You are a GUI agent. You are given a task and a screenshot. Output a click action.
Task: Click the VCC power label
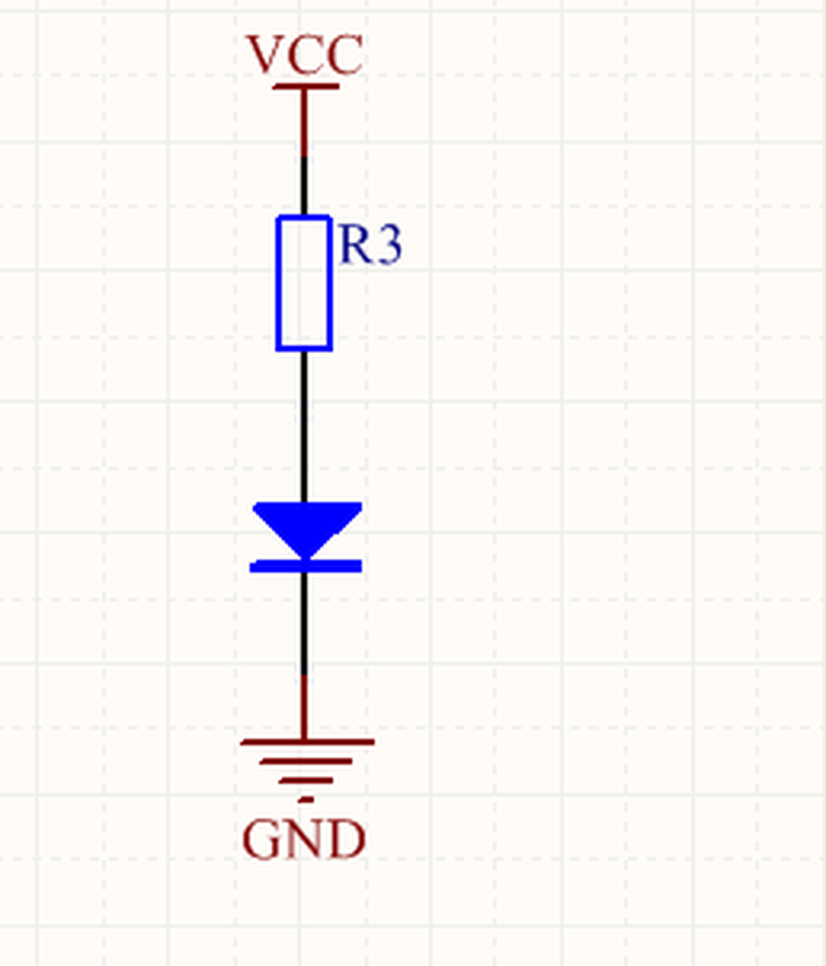pyautogui.click(x=305, y=54)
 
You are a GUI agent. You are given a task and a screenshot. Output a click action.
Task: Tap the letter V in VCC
pyautogui.click(x=264, y=54)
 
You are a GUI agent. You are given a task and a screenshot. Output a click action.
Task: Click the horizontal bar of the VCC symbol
pyautogui.click(x=306, y=86)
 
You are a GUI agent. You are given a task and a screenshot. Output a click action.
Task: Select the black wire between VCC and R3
pyautogui.click(x=305, y=185)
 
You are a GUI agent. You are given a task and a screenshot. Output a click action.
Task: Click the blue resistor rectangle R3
pyautogui.click(x=305, y=283)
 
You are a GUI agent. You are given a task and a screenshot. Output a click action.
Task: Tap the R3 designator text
pyautogui.click(x=371, y=244)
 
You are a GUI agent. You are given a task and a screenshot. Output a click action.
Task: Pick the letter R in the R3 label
pyautogui.click(x=355, y=244)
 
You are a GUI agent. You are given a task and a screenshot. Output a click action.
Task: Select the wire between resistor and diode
pyautogui.click(x=305, y=427)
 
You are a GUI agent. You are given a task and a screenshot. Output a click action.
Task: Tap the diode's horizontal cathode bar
pyautogui.click(x=306, y=566)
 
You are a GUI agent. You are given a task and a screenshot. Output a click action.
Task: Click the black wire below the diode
pyautogui.click(x=305, y=624)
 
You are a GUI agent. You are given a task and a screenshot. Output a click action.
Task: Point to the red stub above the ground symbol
pyautogui.click(x=305, y=706)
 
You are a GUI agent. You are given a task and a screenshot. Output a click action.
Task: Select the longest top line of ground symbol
pyautogui.click(x=307, y=742)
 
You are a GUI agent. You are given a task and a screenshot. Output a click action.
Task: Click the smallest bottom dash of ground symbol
pyautogui.click(x=306, y=800)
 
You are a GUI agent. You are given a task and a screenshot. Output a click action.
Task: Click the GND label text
pyautogui.click(x=305, y=839)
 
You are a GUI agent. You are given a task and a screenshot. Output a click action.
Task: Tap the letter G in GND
pyautogui.click(x=262, y=839)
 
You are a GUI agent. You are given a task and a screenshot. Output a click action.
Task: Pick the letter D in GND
pyautogui.click(x=348, y=839)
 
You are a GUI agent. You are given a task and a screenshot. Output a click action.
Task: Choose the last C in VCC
pyautogui.click(x=344, y=55)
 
